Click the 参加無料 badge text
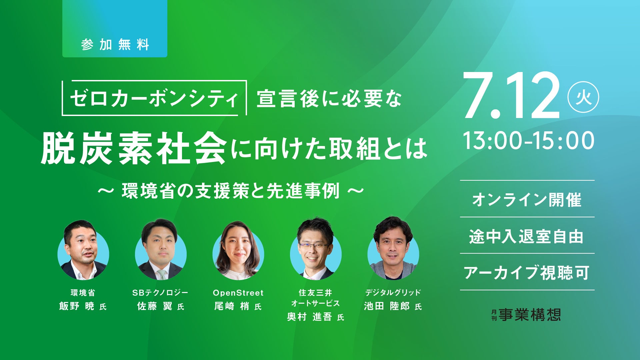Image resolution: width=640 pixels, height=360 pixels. click(x=115, y=45)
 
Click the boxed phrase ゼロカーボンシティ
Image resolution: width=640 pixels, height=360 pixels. click(x=154, y=98)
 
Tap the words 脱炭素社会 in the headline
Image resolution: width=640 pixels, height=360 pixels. click(x=134, y=148)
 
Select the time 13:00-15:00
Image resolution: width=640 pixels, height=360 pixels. click(x=529, y=140)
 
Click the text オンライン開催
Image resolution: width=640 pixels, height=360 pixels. click(x=527, y=200)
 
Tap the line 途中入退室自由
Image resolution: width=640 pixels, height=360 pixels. click(x=527, y=237)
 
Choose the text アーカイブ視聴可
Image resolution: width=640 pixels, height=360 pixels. click(x=527, y=273)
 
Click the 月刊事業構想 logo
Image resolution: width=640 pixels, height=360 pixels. click(x=526, y=314)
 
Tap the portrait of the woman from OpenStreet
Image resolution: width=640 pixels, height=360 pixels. click(x=238, y=250)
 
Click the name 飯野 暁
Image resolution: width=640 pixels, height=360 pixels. click(x=77, y=306)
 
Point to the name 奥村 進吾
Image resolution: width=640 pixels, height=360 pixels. click(x=309, y=317)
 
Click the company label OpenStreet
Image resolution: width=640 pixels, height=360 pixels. click(x=238, y=293)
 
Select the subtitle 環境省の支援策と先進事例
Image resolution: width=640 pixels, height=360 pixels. click(x=231, y=191)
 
